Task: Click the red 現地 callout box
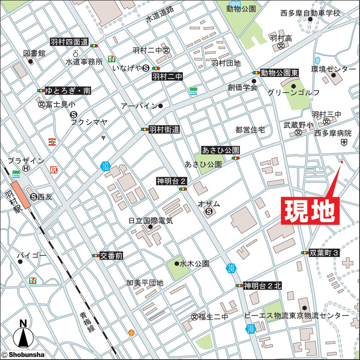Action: click(x=310, y=211)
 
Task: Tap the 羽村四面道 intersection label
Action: click(x=69, y=42)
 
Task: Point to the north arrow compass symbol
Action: click(x=22, y=336)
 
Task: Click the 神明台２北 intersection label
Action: click(x=262, y=286)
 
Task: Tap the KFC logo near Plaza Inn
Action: click(x=54, y=169)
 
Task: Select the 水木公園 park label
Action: click(x=194, y=264)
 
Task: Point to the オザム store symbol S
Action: click(x=209, y=212)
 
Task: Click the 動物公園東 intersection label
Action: click(x=280, y=73)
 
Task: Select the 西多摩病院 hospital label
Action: click(x=333, y=133)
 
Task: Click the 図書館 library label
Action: click(x=35, y=53)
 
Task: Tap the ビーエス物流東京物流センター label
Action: click(x=296, y=315)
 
